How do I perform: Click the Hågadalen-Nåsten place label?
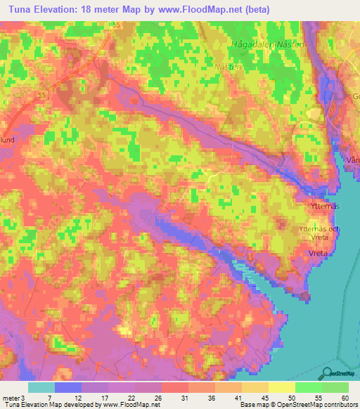click(x=268, y=44)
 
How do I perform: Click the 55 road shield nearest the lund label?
click(x=43, y=94)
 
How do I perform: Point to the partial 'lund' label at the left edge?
click(x=8, y=139)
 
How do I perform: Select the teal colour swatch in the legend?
click(x=41, y=387)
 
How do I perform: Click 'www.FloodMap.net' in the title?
click(x=200, y=8)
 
